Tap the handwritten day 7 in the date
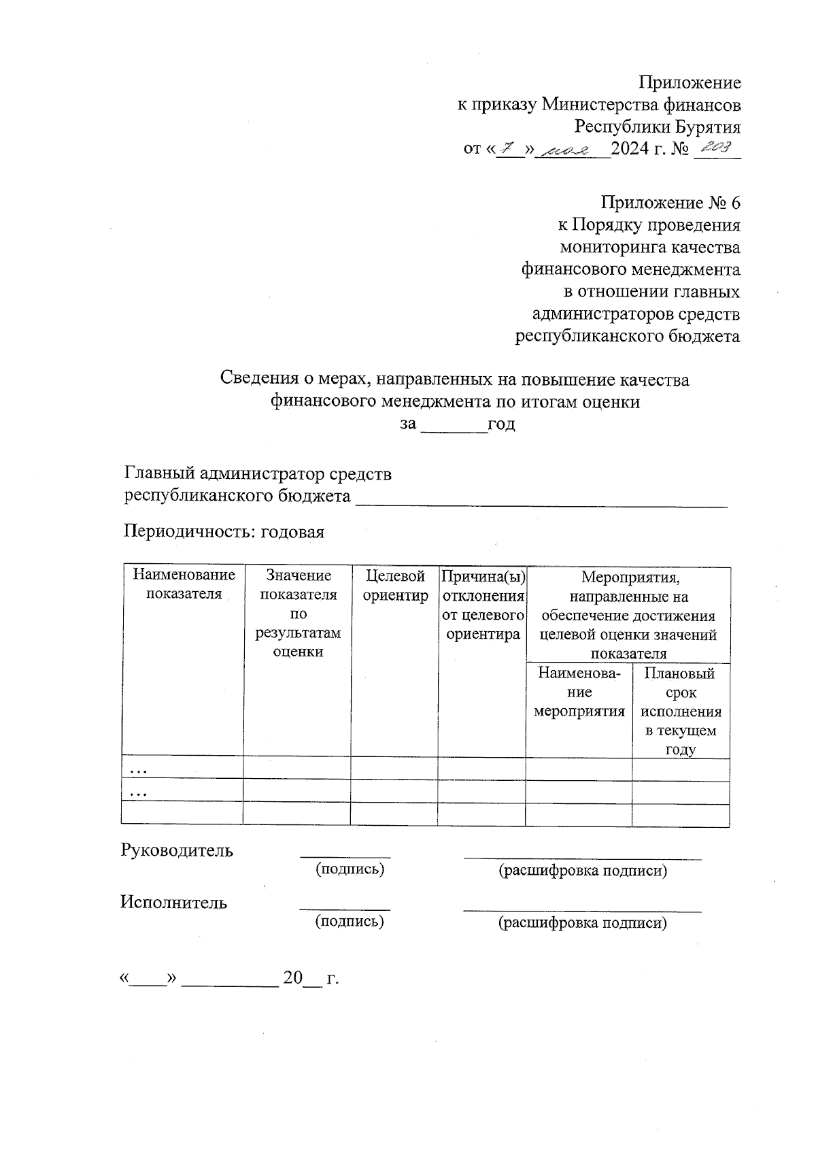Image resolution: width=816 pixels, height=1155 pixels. [508, 148]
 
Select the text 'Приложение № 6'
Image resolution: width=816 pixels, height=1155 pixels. [670, 203]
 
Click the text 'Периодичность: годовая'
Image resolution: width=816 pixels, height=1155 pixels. [224, 532]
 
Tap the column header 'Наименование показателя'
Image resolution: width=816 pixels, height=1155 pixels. [184, 584]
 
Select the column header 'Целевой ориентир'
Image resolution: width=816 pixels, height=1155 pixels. [395, 586]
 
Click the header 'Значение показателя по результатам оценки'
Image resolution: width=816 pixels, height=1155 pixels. [298, 613]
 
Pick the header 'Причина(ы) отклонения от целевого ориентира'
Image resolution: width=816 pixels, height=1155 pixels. [483, 605]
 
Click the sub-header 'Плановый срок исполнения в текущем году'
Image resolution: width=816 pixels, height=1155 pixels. [680, 712]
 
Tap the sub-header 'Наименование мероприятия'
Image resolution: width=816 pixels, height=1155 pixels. [579, 692]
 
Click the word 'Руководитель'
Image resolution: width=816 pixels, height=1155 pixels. [177, 850]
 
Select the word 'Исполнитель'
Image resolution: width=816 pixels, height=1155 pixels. [174, 902]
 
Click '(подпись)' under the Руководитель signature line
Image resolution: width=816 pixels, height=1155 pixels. [350, 869]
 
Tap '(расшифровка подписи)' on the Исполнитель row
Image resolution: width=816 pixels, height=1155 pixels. [582, 922]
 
